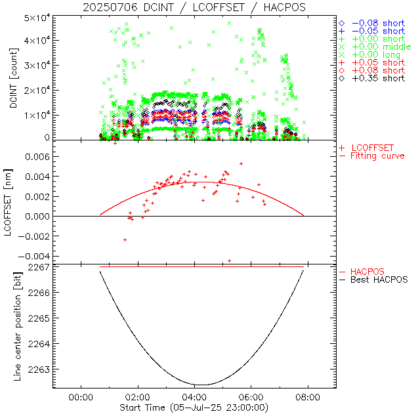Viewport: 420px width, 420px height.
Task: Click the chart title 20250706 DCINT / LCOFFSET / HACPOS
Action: (x=194, y=7)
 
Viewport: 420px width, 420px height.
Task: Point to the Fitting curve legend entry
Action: (x=377, y=156)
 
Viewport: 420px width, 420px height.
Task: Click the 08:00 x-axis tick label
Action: (x=308, y=397)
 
